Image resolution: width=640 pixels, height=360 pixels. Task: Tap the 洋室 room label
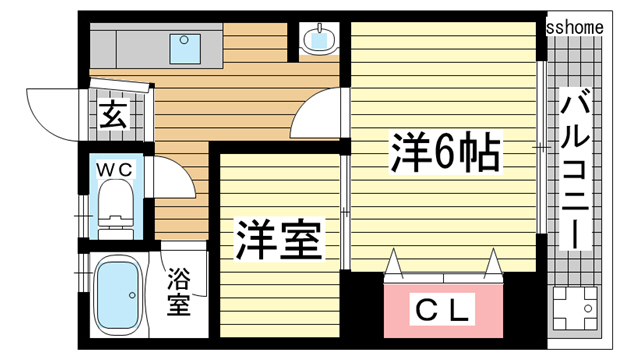pyautogui.click(x=278, y=242)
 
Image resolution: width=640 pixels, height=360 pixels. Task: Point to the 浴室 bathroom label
pyautogui.click(x=178, y=290)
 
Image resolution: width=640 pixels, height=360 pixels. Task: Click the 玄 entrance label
pyautogui.click(x=111, y=115)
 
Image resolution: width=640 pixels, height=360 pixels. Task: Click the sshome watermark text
pyautogui.click(x=575, y=28)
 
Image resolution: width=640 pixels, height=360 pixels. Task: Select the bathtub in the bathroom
pyautogui.click(x=118, y=295)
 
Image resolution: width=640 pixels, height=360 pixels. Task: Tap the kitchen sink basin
pyautogui.click(x=186, y=45)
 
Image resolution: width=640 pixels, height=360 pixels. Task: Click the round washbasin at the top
pyautogui.click(x=320, y=40)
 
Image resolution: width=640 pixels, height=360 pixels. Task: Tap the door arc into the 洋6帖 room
pyautogui.click(x=320, y=112)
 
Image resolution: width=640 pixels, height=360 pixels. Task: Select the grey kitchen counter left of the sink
pyautogui.click(x=125, y=46)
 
